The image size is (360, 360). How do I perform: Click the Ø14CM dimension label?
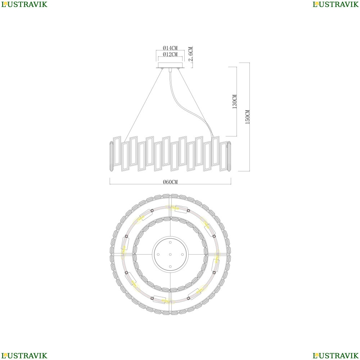click(x=170, y=48)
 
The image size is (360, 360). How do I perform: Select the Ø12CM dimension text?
click(x=170, y=54)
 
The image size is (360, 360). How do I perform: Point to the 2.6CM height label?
click(x=190, y=54)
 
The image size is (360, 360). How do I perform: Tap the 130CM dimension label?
click(x=235, y=102)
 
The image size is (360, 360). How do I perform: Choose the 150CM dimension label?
click(x=248, y=117)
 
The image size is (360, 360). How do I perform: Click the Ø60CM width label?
click(x=170, y=182)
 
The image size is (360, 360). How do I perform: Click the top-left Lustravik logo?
click(x=24, y=4)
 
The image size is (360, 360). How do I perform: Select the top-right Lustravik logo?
click(x=336, y=4)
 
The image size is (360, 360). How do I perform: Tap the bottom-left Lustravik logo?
click(x=24, y=355)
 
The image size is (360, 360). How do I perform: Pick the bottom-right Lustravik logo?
click(x=336, y=355)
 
